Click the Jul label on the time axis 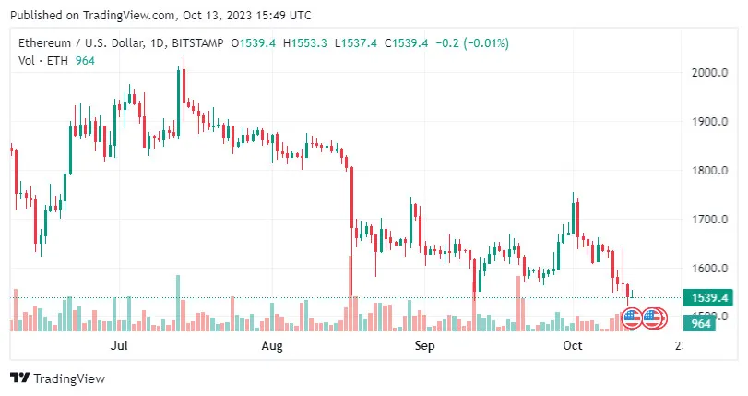(x=118, y=346)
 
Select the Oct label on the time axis (x=573, y=346)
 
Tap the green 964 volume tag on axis (x=701, y=323)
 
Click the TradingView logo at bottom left (x=57, y=378)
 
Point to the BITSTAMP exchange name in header (x=198, y=43)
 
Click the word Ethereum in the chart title (x=45, y=43)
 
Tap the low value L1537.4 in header (x=358, y=43)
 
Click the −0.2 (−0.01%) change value (x=471, y=43)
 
